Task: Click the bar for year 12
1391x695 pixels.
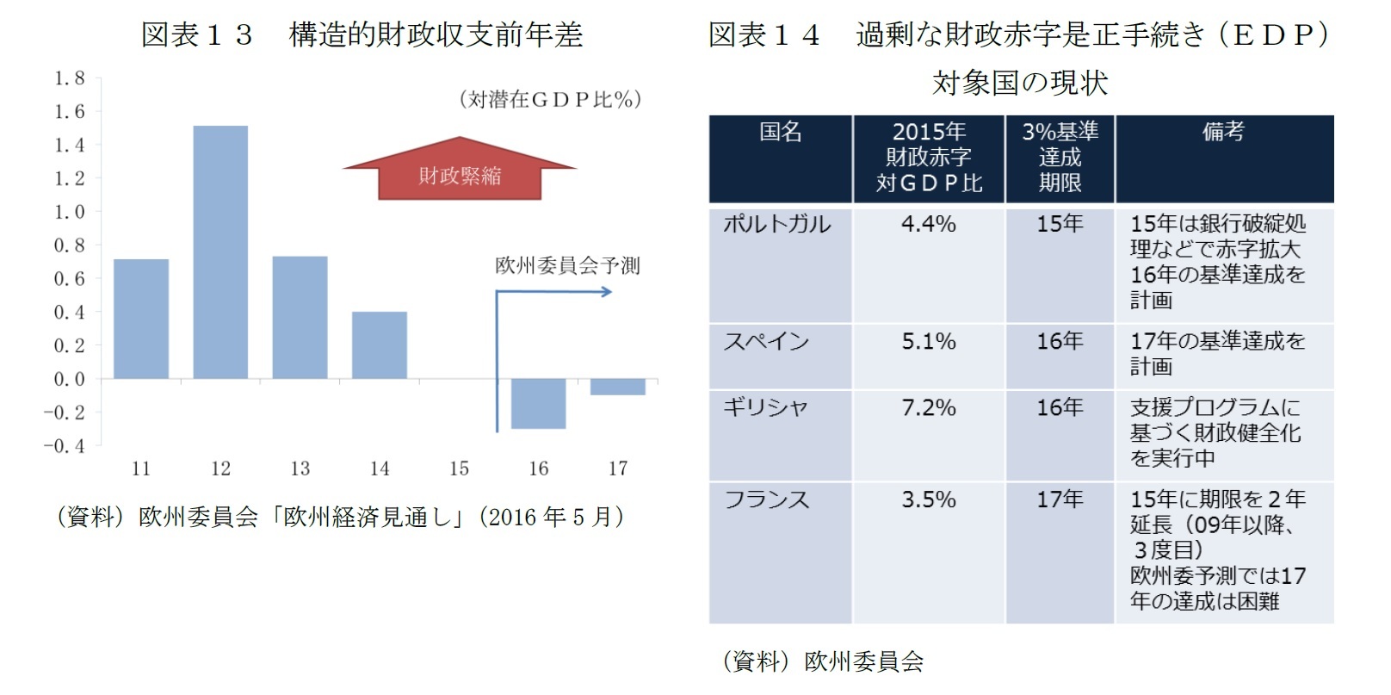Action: tap(220, 252)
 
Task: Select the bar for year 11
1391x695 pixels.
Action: tap(141, 319)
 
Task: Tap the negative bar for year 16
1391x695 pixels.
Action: tap(538, 403)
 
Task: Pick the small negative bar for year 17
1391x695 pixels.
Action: tap(617, 387)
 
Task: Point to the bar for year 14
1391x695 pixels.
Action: tap(380, 344)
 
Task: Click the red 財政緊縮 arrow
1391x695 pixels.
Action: tap(460, 171)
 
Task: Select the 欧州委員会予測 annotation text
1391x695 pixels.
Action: tap(567, 265)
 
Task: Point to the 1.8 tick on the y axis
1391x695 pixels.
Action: tap(70, 78)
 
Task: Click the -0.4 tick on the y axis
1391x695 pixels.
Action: tap(65, 446)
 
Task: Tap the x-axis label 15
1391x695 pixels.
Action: tap(459, 469)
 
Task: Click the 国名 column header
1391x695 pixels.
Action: tap(780, 132)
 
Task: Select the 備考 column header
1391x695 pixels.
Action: tap(1223, 132)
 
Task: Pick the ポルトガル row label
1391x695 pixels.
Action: tap(776, 224)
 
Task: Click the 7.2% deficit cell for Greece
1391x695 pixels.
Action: tap(928, 407)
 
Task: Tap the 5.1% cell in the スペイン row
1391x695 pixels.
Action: tap(928, 341)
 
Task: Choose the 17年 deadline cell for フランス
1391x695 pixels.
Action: tap(1059, 499)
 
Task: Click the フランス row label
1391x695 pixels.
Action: tap(766, 500)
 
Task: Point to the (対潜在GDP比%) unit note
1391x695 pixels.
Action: tap(550, 100)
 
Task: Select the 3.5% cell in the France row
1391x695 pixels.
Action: tap(928, 500)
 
